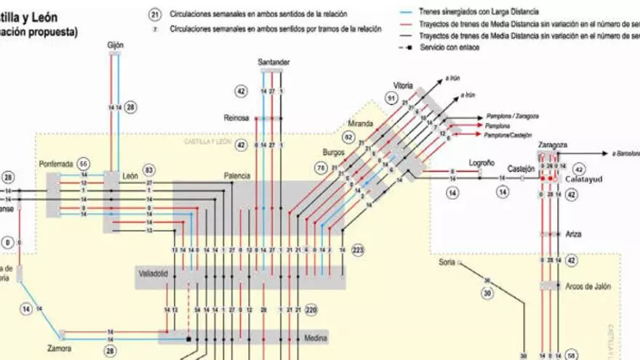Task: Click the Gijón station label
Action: (115, 45)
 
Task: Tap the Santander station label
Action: (274, 63)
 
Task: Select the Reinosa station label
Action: (236, 117)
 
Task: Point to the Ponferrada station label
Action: (56, 164)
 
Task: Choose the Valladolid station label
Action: (153, 275)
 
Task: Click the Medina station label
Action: (316, 337)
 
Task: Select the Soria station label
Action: (447, 262)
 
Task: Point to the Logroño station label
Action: (481, 163)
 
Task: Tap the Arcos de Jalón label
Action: (588, 287)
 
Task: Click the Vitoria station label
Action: (403, 85)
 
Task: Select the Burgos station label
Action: (334, 153)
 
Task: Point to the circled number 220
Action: (311, 310)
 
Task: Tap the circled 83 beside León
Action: (150, 169)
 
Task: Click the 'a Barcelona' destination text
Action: (625, 153)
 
